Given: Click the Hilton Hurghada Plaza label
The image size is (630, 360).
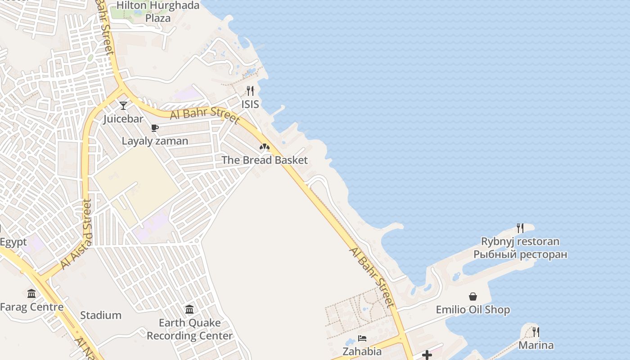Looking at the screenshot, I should (158, 12).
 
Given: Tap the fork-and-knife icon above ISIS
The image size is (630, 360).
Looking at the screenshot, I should (250, 91).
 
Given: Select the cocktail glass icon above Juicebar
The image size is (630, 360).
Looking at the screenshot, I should (123, 106).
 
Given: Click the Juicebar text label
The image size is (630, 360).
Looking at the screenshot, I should (123, 119).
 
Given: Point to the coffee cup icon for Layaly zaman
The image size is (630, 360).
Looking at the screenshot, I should (155, 128).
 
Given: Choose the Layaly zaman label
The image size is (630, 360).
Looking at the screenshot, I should (155, 141).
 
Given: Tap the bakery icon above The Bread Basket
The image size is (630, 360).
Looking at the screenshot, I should (265, 147).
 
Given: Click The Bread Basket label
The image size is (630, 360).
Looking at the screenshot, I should (265, 160).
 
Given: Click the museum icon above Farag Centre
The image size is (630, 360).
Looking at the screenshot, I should (31, 294).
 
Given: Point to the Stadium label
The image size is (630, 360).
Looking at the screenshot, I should (101, 315).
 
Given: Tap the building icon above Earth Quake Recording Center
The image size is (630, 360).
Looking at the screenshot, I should (189, 310).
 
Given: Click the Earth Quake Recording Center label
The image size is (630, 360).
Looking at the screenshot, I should (189, 329).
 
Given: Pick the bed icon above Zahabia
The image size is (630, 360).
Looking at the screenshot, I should (362, 338).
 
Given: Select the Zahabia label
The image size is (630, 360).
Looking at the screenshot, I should (362, 351).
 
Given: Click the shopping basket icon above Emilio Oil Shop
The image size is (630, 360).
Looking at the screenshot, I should (473, 297).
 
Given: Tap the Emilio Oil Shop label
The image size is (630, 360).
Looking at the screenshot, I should (473, 310).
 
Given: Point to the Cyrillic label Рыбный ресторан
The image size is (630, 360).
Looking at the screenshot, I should (520, 255).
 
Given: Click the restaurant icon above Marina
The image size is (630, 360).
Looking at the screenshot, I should (536, 332).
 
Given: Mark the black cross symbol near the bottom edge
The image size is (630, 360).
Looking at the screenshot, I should (427, 355).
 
